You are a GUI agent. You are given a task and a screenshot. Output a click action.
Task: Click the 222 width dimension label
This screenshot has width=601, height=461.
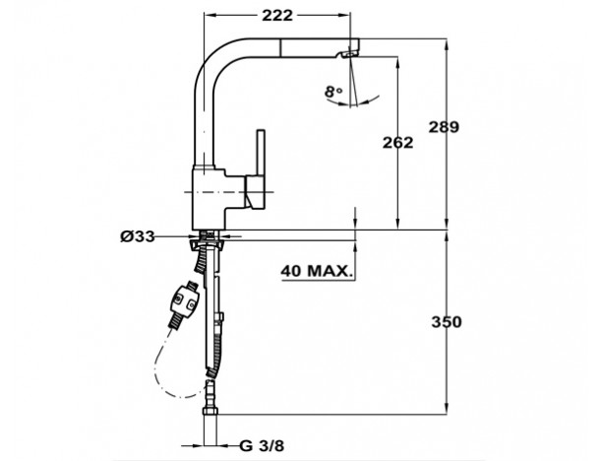pyautogui.click(x=277, y=16)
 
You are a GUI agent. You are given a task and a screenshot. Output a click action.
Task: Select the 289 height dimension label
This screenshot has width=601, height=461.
pyautogui.click(x=444, y=127)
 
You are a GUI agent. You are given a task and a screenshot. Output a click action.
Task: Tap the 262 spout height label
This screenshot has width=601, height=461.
pyautogui.click(x=397, y=143)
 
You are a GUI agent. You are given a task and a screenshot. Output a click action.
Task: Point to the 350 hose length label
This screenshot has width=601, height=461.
pyautogui.click(x=447, y=322)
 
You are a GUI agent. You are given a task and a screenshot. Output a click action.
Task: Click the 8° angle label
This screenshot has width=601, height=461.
pyautogui.click(x=333, y=92)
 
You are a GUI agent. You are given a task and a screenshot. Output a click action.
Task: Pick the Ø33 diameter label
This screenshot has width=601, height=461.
pyautogui.click(x=138, y=236)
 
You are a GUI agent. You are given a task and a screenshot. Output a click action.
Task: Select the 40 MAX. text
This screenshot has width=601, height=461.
pyautogui.click(x=317, y=271)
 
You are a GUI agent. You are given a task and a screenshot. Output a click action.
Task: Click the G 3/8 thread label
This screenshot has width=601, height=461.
pyautogui.click(x=263, y=446)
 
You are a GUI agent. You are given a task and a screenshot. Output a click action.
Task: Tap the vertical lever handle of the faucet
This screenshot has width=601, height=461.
pyautogui.click(x=261, y=152)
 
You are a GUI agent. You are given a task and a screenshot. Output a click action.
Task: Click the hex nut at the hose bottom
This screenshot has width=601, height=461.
pyautogui.click(x=210, y=412)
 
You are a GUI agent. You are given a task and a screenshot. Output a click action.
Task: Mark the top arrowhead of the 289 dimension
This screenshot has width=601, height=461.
pyautogui.click(x=447, y=43)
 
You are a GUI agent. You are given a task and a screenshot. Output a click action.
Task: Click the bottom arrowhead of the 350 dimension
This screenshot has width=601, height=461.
pyautogui.click(x=447, y=409)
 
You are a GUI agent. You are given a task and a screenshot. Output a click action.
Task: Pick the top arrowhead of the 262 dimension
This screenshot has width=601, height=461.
pyautogui.click(x=397, y=62)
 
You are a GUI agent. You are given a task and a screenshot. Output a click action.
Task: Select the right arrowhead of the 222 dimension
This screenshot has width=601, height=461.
pyautogui.click(x=345, y=15)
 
